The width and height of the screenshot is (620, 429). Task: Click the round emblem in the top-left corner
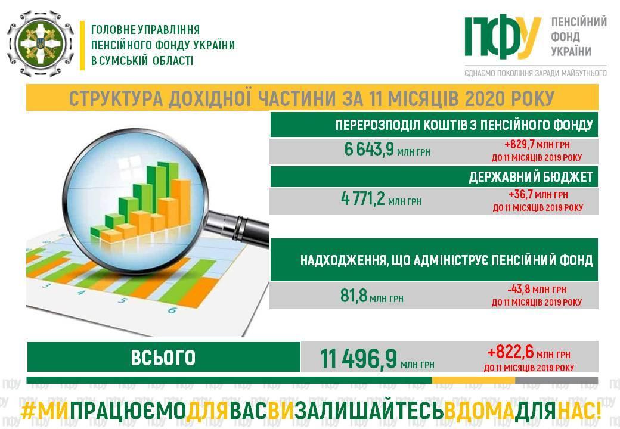click(41, 43)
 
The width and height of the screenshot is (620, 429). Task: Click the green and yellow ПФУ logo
click(503, 36)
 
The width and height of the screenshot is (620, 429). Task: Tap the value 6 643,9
click(369, 150)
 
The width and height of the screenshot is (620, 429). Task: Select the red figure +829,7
click(520, 145)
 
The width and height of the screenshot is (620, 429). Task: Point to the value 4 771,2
click(362, 198)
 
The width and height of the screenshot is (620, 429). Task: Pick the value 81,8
click(354, 296)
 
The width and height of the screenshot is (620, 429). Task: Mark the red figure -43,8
click(519, 289)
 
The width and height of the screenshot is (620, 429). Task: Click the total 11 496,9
click(358, 359)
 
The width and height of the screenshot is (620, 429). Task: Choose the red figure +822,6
click(510, 352)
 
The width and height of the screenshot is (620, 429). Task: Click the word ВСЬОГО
click(163, 357)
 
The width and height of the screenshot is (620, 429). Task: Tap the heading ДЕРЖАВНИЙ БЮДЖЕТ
click(531, 177)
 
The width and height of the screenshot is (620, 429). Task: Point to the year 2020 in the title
click(485, 98)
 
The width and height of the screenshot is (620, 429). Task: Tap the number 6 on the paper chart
click(172, 310)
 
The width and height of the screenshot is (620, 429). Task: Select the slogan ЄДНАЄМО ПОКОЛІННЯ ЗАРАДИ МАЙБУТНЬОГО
click(535, 73)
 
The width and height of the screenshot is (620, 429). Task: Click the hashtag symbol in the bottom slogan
click(27, 412)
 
